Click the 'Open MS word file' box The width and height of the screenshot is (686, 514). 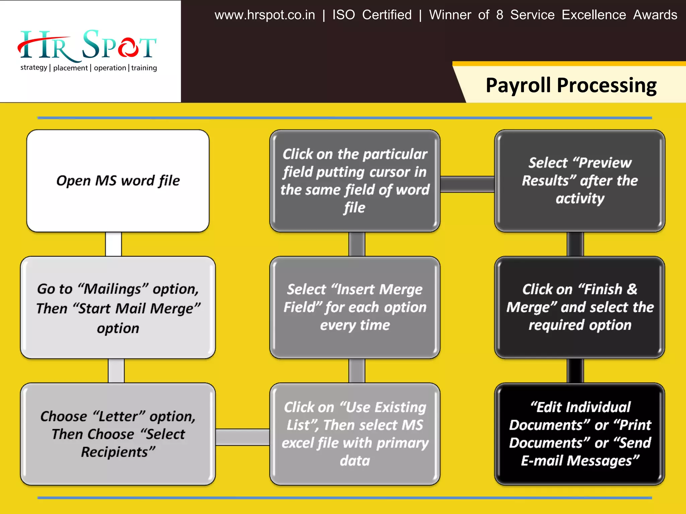point(118,181)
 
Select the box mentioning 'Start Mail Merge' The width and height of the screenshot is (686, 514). point(118,308)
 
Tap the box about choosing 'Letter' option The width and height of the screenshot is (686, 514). point(118,434)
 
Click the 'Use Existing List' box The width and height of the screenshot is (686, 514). point(355,434)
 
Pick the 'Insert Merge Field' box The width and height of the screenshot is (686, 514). point(355,307)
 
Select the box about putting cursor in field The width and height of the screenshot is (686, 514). point(355,181)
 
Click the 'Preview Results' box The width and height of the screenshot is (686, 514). point(579,181)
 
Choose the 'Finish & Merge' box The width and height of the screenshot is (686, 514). point(579,307)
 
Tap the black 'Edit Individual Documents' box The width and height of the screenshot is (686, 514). point(579,434)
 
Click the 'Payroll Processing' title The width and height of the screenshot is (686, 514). point(571,85)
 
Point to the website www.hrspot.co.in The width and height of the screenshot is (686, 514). point(265,15)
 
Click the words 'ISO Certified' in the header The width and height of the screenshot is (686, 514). point(372,15)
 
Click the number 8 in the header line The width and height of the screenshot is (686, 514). point(499,15)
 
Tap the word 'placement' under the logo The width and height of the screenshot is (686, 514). point(70,68)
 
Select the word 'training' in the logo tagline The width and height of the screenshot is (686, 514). point(144,68)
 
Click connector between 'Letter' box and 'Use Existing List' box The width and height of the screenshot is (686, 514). point(243,437)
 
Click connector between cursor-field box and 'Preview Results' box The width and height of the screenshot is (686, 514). point(467,184)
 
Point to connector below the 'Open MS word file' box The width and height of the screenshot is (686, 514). point(114,244)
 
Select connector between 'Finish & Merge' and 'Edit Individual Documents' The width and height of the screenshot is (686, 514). point(575,370)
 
